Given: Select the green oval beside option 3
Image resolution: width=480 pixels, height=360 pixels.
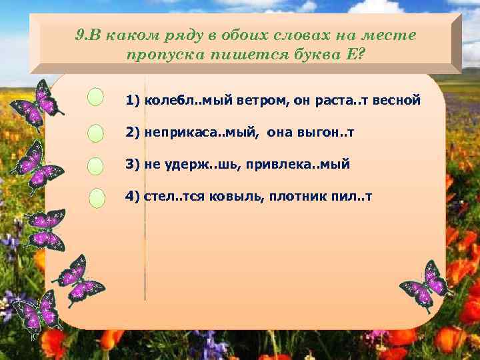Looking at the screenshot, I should tap(96, 166).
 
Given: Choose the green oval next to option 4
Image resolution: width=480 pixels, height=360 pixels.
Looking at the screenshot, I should tap(97, 198).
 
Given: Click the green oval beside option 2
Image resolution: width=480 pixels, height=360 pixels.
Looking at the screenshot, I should tap(96, 133).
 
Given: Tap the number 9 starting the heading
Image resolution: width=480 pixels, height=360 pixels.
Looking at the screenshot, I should tap(79, 35).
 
